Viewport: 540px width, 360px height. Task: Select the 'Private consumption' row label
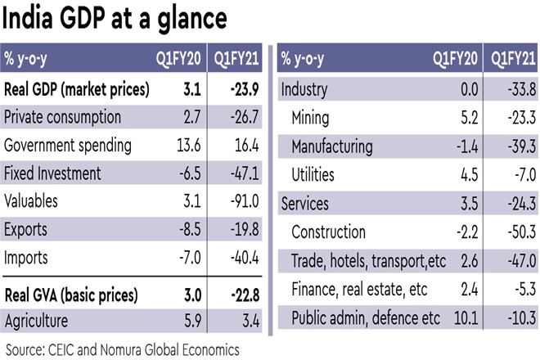[63, 118]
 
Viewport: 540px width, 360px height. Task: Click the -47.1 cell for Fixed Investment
[244, 173]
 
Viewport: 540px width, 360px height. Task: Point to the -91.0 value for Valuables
[244, 201]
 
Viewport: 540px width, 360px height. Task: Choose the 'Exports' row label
[26, 230]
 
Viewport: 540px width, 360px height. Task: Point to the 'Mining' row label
[311, 118]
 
